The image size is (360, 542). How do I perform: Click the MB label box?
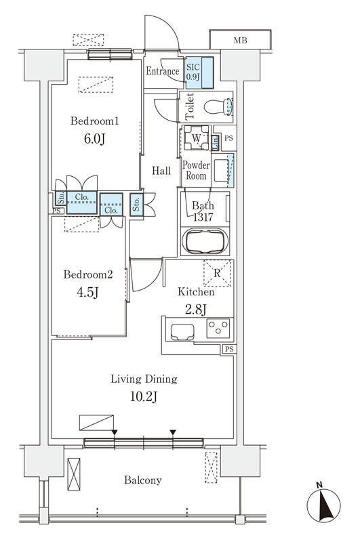[240, 40]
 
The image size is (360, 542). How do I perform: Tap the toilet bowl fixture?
[218, 107]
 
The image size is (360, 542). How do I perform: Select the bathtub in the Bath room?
[205, 241]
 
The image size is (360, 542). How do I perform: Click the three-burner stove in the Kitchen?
[218, 328]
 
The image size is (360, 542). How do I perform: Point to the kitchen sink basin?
[182, 332]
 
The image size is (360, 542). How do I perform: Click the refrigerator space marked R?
[217, 273]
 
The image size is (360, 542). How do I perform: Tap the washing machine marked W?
[196, 138]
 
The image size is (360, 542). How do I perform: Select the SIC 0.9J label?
[193, 72]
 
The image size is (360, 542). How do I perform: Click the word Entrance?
[162, 71]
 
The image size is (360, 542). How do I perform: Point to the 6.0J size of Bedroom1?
[94, 139]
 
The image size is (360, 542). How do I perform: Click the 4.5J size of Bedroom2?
[88, 293]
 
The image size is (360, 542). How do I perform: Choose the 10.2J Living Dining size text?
[144, 397]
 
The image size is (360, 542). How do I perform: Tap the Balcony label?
[143, 480]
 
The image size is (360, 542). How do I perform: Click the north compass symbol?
[323, 503]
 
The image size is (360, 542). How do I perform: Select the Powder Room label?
[196, 171]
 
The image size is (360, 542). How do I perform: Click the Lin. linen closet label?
[215, 142]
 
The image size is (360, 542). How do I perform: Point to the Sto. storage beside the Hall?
[136, 205]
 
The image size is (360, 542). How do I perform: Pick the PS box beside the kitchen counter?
[229, 349]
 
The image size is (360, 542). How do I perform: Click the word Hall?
[161, 171]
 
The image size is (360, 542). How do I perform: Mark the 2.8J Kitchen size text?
[196, 309]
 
